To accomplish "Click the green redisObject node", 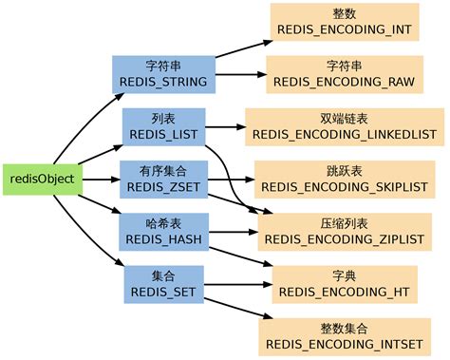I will (42, 179).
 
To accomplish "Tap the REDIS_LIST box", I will (164, 126).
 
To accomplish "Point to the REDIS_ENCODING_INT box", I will (343, 23).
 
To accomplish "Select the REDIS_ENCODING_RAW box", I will (343, 75).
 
